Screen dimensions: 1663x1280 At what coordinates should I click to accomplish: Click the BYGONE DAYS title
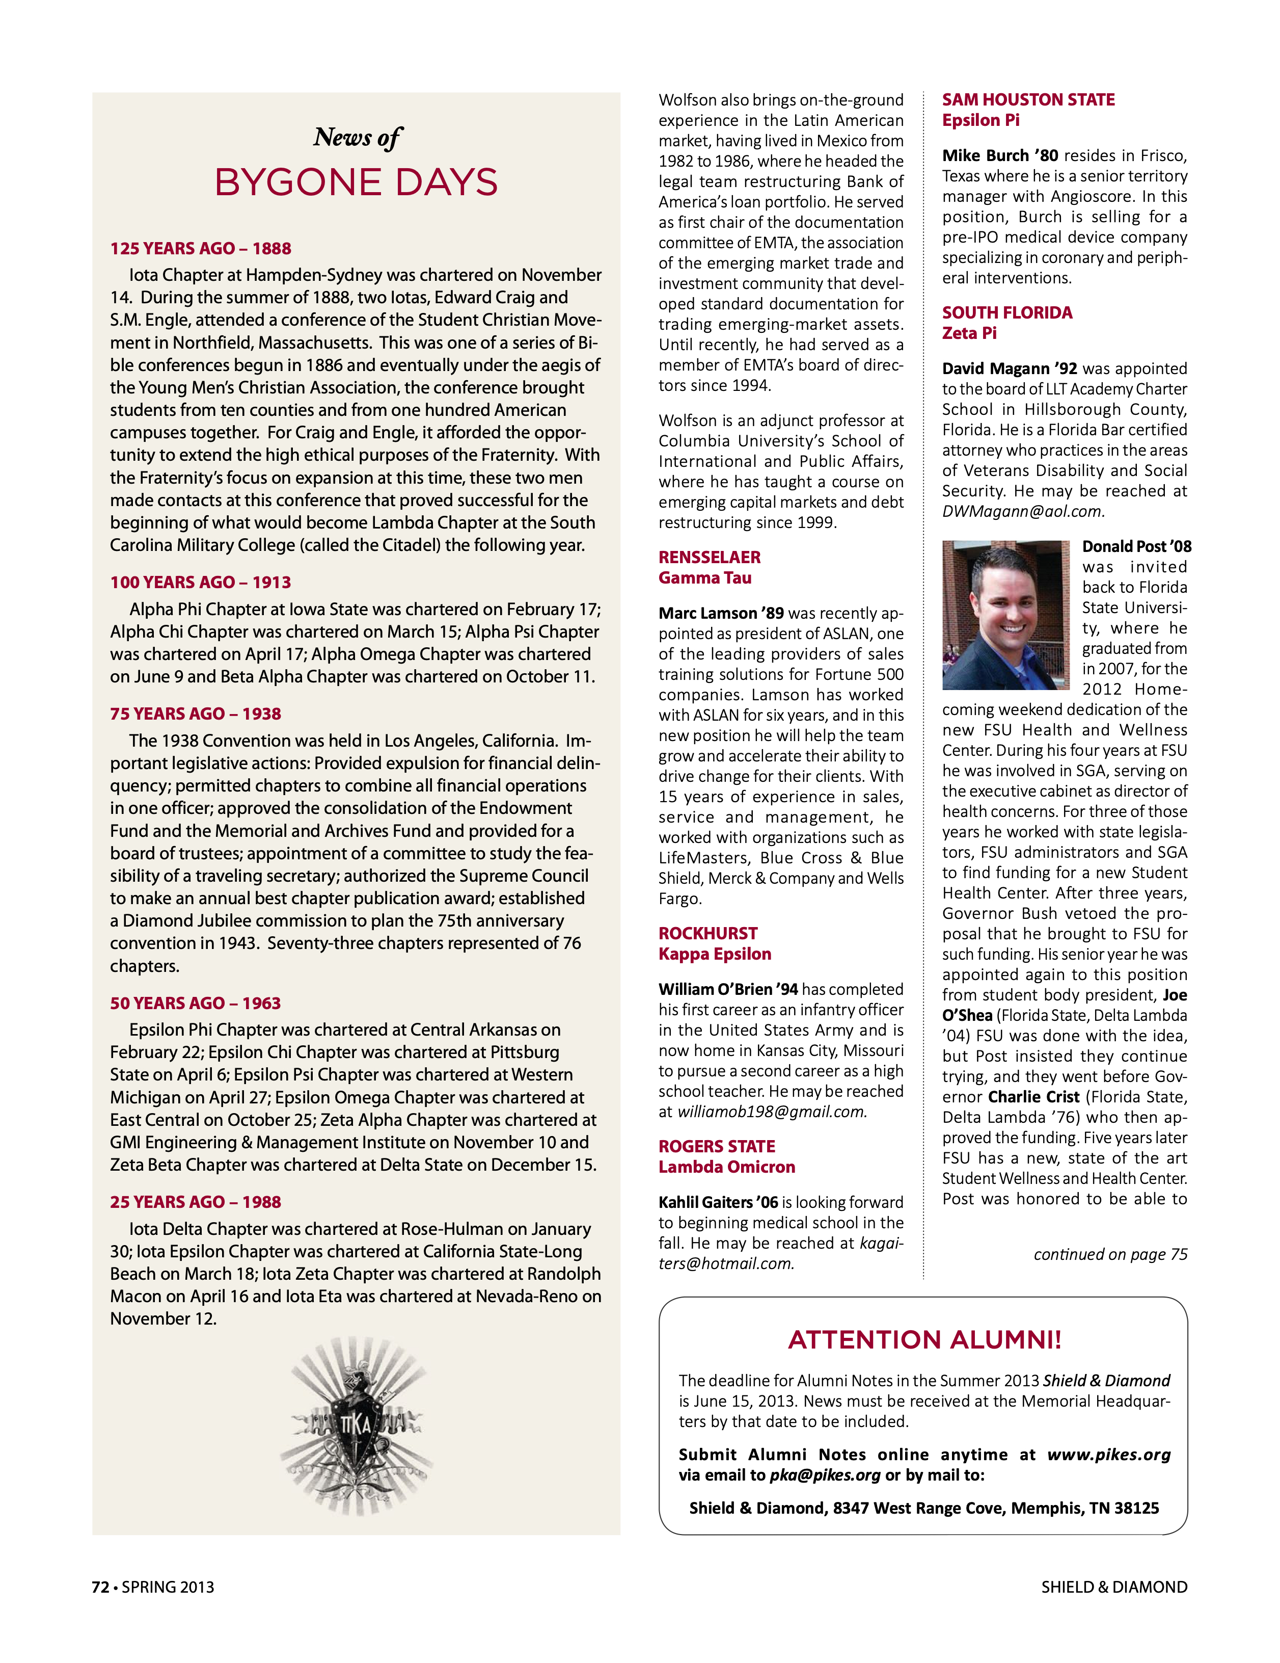(356, 183)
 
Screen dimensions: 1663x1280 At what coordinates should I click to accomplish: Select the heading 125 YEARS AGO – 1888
(200, 249)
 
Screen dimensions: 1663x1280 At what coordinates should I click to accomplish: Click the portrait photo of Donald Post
(1005, 615)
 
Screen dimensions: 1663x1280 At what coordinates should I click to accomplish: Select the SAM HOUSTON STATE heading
(1027, 100)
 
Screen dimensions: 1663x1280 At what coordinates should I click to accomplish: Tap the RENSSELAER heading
(709, 558)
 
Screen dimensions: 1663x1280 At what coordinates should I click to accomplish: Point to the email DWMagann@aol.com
(1021, 512)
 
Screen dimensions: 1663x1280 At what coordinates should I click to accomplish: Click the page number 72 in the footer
(100, 1587)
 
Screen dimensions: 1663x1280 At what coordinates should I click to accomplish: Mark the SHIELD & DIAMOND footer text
(1113, 1587)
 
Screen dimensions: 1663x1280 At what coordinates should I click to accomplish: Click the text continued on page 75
(1109, 1254)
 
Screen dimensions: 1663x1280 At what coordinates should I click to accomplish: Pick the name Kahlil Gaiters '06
(718, 1202)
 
